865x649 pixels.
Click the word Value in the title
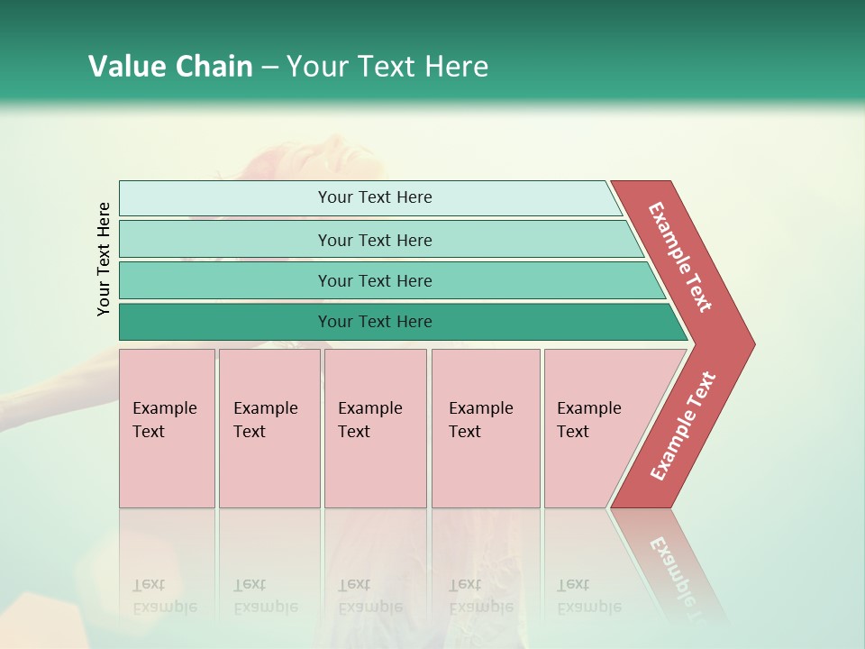(124, 67)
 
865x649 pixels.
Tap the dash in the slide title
(269, 68)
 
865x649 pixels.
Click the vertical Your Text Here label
(104, 259)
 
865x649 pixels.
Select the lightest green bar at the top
(374, 197)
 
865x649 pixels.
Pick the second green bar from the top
(374, 240)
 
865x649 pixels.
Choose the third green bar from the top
(374, 280)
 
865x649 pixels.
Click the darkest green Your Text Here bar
(374, 322)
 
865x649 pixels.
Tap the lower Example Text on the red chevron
(683, 425)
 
